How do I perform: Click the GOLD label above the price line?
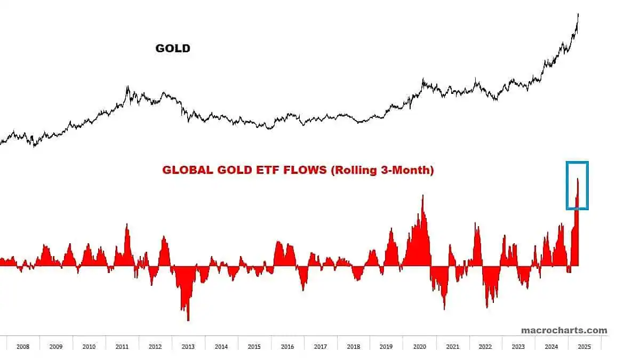tap(173, 49)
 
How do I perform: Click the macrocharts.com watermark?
tap(564, 330)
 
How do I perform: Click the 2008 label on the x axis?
tap(23, 347)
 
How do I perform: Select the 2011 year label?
tap(122, 347)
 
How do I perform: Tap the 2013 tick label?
tap(188, 347)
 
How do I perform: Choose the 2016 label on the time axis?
tap(287, 347)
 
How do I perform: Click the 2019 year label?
tap(386, 347)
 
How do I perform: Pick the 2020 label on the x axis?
tap(419, 347)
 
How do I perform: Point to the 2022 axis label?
tap(485, 347)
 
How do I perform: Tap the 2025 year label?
tap(584, 347)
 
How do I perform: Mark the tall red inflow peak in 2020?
tap(423, 196)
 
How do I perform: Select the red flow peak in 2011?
tap(127, 225)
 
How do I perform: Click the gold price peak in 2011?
tap(127, 87)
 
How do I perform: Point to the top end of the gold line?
tap(579, 14)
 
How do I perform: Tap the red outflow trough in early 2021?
tap(444, 308)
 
